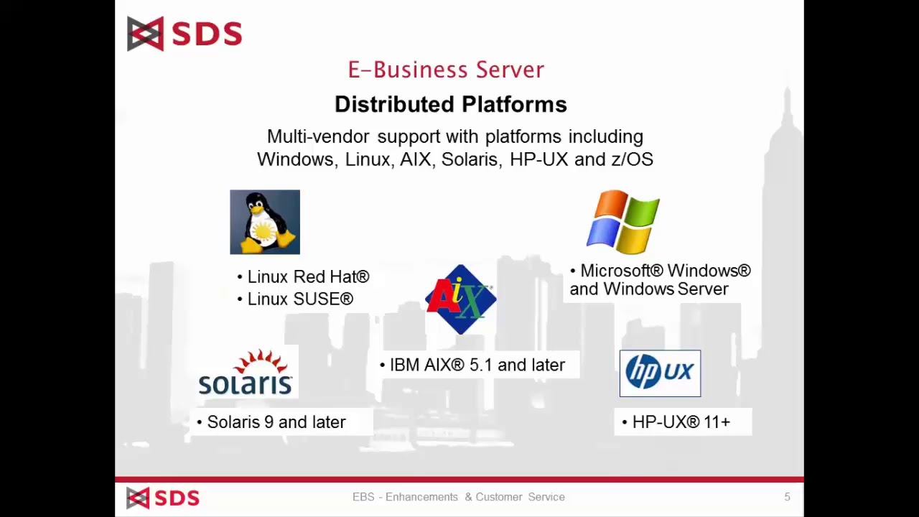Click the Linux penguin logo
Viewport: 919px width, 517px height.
click(x=265, y=222)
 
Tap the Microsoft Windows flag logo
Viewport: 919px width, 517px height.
click(x=622, y=222)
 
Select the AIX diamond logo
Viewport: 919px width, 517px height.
click(x=460, y=299)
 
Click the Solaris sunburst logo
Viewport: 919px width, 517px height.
click(x=246, y=373)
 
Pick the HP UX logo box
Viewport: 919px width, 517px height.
click(x=660, y=373)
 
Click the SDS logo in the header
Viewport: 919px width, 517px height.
click(x=185, y=34)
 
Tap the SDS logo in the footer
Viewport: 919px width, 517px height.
click(x=163, y=498)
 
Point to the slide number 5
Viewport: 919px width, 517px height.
click(x=787, y=497)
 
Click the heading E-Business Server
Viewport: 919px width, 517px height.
click(x=446, y=70)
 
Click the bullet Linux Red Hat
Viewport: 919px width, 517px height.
click(x=307, y=277)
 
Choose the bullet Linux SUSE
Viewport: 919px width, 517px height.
click(x=299, y=299)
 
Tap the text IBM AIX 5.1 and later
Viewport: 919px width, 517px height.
click(x=477, y=365)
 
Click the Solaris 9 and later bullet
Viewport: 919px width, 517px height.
click(x=276, y=422)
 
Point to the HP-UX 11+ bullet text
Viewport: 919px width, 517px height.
click(x=681, y=422)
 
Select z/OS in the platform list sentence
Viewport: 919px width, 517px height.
click(x=632, y=159)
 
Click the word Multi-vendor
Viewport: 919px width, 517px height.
click(x=318, y=136)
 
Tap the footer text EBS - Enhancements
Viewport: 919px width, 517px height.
click(x=405, y=497)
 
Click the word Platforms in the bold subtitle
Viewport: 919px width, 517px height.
click(x=514, y=105)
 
